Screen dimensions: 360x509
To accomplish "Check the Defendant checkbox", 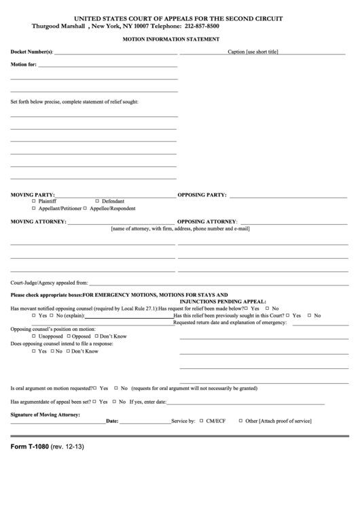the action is click(x=96, y=201).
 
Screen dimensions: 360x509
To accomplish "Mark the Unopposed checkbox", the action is click(x=34, y=336).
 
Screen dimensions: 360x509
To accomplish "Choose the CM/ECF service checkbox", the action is click(x=201, y=421).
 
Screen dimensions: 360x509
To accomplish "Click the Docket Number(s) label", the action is click(x=31, y=52).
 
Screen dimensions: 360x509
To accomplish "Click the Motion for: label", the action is click(x=24, y=65).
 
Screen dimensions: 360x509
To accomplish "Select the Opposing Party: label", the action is click(x=202, y=195).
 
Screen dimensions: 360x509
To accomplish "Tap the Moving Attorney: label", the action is click(x=38, y=222).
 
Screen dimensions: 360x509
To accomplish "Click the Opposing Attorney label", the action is click(x=207, y=222).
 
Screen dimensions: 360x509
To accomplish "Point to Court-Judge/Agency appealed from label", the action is click(x=49, y=282).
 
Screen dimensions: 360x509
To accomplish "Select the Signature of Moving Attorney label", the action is click(x=46, y=414).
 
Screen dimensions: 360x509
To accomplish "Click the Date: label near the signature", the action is click(x=113, y=421).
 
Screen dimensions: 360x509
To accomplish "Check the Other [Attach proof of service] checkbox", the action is click(x=240, y=421).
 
